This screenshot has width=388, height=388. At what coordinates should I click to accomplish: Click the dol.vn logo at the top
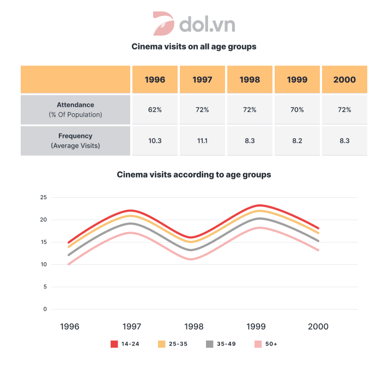(193, 24)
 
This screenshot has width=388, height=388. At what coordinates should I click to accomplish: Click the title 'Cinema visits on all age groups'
(193, 47)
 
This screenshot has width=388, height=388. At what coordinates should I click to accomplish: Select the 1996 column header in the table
(155, 80)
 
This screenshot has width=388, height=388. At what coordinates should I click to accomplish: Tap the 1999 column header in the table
(297, 80)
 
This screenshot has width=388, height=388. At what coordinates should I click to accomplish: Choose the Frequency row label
(76, 141)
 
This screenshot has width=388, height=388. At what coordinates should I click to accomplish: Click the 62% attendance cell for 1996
(155, 110)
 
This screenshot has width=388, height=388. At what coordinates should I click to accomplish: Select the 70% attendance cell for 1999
(297, 110)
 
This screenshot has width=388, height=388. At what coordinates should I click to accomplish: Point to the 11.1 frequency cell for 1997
(202, 141)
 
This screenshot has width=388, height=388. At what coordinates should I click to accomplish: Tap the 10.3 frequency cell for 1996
(155, 141)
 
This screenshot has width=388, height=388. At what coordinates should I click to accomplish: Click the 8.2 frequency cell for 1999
(297, 141)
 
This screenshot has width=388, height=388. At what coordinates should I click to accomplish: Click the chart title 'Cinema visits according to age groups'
(193, 175)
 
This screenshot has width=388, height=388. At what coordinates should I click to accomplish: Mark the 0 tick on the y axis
(45, 309)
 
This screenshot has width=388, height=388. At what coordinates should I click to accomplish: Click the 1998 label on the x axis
(193, 326)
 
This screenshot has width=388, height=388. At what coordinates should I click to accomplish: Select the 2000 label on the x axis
(318, 326)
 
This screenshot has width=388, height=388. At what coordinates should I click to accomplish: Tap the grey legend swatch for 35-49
(210, 344)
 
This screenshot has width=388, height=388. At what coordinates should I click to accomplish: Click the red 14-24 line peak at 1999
(257, 205)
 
